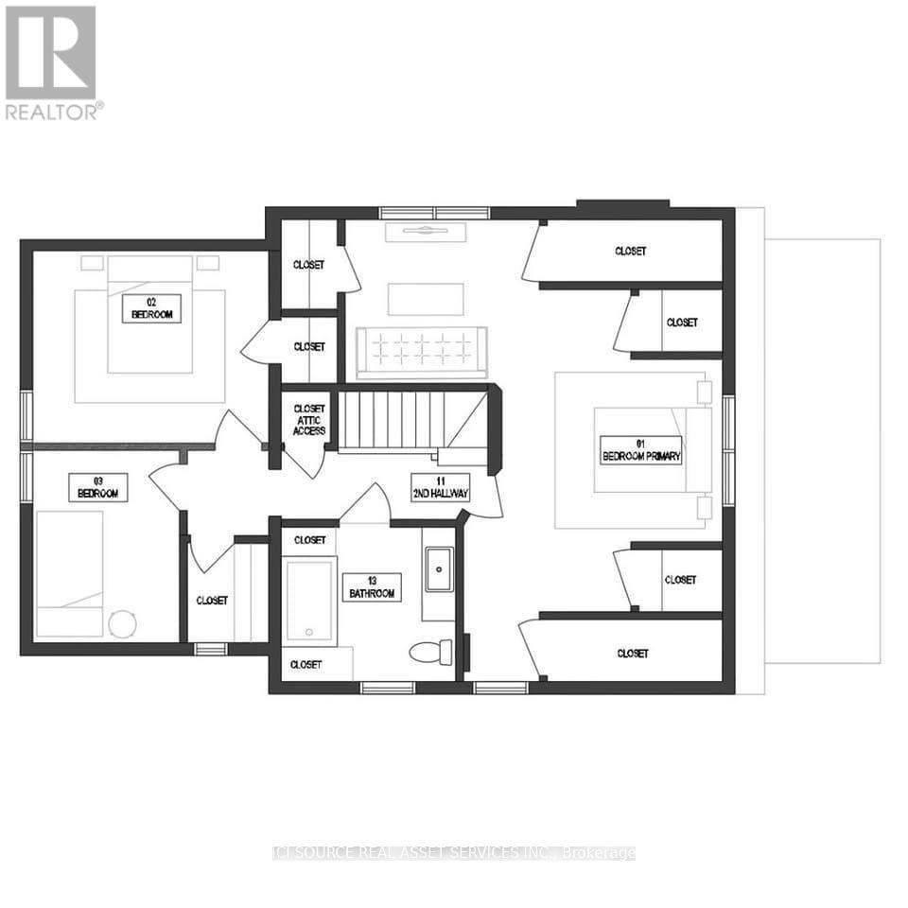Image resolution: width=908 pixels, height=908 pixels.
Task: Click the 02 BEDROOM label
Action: pyautogui.click(x=151, y=308)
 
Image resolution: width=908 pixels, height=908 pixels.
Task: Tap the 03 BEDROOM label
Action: pyautogui.click(x=97, y=488)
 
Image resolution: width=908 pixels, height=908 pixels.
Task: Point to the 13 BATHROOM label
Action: pyautogui.click(x=371, y=586)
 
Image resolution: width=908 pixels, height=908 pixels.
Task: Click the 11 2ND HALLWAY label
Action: pyautogui.click(x=440, y=488)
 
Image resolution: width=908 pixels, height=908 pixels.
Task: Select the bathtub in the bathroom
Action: pyautogui.click(x=309, y=601)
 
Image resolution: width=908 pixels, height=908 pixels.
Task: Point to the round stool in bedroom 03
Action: pyautogui.click(x=121, y=622)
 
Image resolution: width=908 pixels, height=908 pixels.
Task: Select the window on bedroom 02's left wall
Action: pyautogui.click(x=26, y=416)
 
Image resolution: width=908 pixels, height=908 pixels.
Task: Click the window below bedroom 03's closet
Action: pyautogui.click(x=210, y=649)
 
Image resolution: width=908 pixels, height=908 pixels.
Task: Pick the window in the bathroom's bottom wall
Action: pyautogui.click(x=388, y=688)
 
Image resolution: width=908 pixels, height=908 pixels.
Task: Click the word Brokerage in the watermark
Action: pyautogui.click(x=599, y=853)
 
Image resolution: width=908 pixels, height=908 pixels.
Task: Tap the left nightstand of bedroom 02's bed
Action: pyautogui.click(x=93, y=263)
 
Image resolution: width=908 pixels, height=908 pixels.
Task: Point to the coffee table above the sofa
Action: pyautogui.click(x=426, y=299)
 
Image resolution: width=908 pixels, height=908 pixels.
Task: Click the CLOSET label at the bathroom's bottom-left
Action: pyautogui.click(x=306, y=665)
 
